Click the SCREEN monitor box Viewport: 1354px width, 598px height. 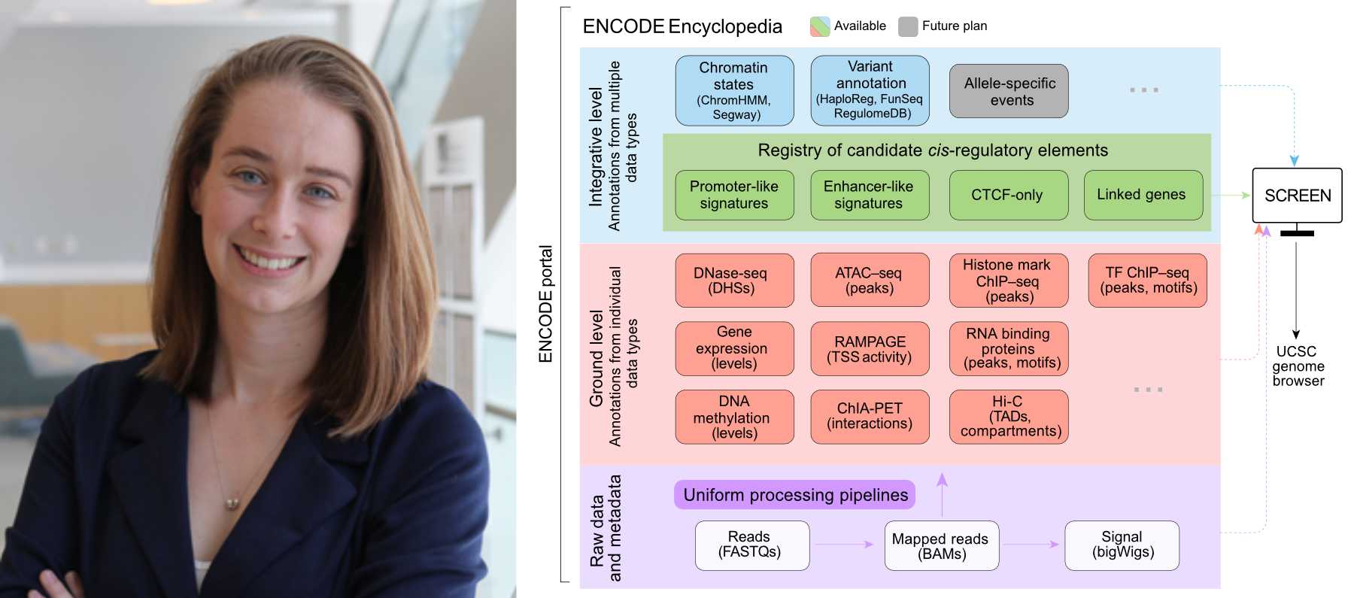coord(1297,196)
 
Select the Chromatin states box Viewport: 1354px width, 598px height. coord(734,90)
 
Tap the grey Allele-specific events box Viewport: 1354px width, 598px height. coord(1009,91)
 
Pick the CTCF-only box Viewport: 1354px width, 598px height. coord(1008,195)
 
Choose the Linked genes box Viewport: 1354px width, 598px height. coord(1143,195)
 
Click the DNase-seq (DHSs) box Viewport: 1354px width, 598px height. coord(734,281)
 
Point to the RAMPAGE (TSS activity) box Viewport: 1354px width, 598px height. coord(870,349)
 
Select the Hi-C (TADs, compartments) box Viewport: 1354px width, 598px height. coord(1009,417)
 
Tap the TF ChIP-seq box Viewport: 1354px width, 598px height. coord(1147,281)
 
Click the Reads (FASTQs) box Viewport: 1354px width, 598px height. coord(751,545)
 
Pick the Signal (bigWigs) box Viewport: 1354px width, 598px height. coord(1122,545)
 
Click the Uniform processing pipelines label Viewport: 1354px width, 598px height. coord(794,495)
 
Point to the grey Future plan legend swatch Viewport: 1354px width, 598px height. coord(908,26)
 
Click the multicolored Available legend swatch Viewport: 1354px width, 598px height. coord(819,26)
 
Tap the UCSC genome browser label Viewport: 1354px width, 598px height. coord(1298,366)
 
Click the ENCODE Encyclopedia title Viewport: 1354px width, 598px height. coord(682,27)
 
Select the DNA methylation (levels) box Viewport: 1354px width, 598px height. coord(734,417)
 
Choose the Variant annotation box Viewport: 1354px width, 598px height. coord(870,90)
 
